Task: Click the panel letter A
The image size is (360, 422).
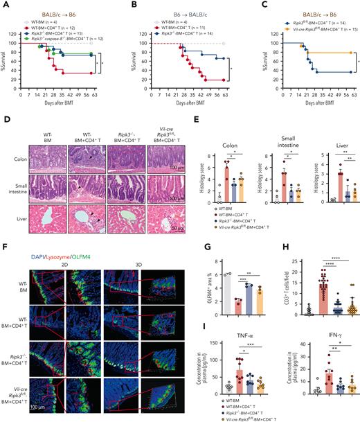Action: (5, 5)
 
